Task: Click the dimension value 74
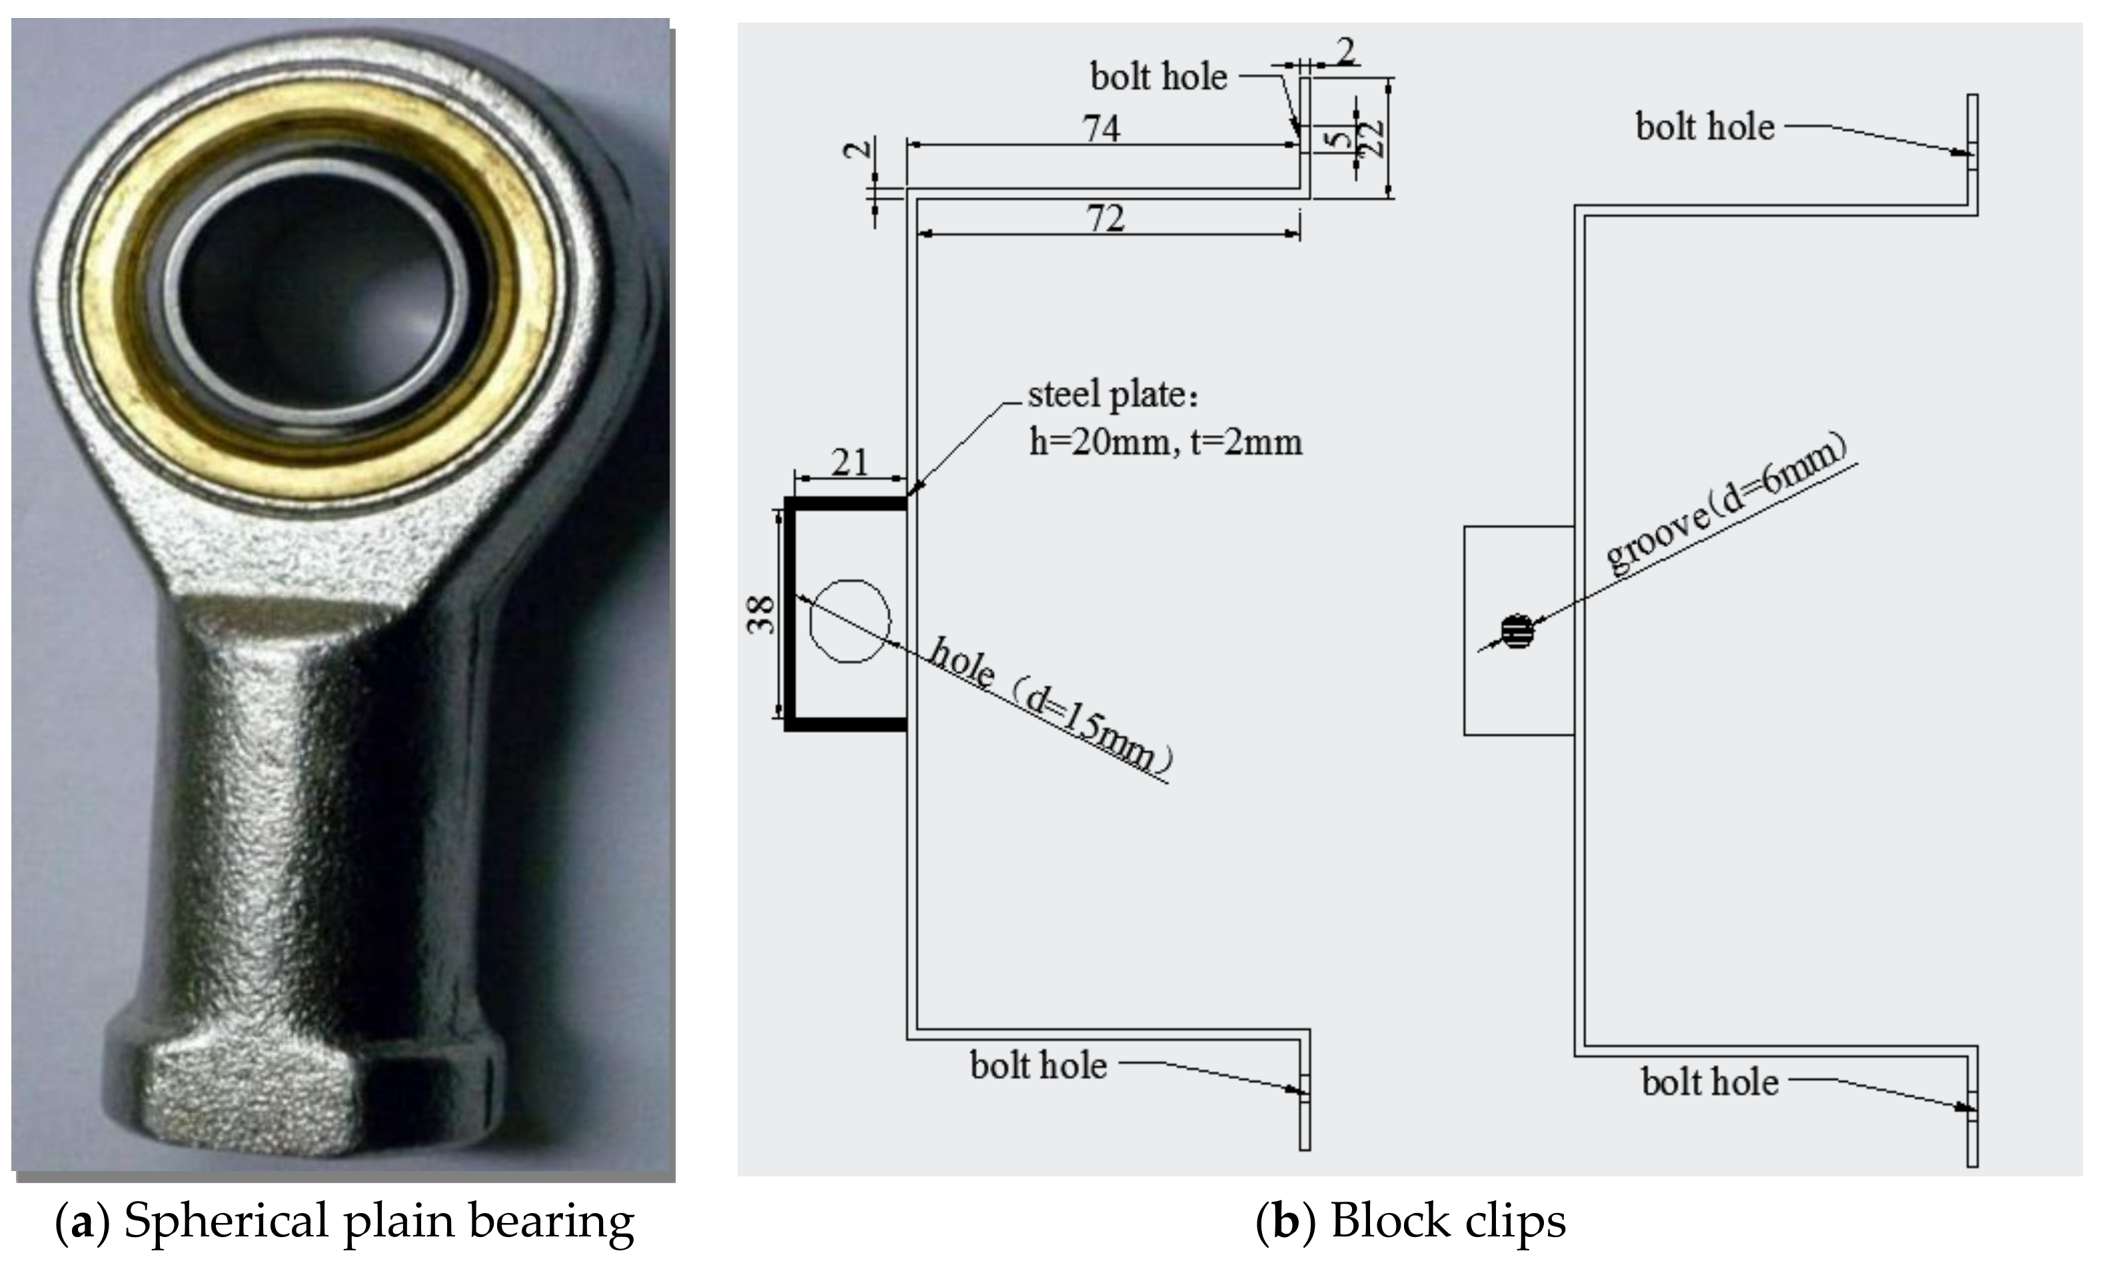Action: [x=1101, y=129]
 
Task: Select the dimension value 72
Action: [x=1105, y=219]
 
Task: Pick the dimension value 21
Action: [x=849, y=463]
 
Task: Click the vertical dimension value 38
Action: [x=761, y=614]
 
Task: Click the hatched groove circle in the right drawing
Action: [x=1517, y=631]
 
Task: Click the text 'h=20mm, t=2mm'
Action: [x=1165, y=442]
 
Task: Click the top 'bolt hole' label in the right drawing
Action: [x=1705, y=127]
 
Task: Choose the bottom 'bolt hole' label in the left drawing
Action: [x=1038, y=1066]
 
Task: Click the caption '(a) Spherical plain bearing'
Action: [x=345, y=1220]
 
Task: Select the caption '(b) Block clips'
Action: [x=1411, y=1220]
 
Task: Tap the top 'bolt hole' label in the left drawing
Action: [x=1159, y=77]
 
